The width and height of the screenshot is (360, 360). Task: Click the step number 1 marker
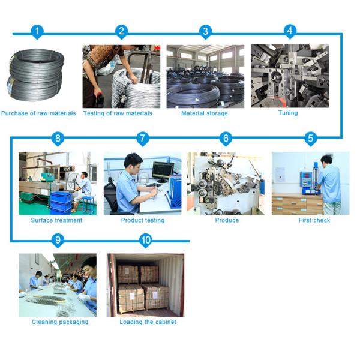[37, 32]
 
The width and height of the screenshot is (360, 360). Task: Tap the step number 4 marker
[290, 31]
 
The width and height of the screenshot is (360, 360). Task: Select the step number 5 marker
[310, 139]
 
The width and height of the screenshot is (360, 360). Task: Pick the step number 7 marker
[143, 139]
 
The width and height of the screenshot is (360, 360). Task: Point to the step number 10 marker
[146, 241]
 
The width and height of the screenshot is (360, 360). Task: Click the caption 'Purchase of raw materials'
[38, 113]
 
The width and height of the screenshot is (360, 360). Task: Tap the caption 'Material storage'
[205, 113]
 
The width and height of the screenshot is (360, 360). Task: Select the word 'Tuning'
[288, 113]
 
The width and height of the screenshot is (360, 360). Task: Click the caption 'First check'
[314, 220]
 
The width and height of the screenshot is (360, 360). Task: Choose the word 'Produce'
[227, 220]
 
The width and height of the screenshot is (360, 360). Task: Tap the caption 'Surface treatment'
[56, 220]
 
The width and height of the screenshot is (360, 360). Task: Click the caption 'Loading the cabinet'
[148, 322]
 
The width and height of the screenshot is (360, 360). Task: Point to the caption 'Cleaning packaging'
[60, 322]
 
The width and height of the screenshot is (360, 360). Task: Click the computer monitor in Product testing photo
[163, 171]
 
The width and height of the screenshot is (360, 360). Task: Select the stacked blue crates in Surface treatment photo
[61, 203]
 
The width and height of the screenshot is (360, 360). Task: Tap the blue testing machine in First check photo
[309, 181]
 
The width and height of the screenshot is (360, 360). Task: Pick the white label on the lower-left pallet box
[132, 296]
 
